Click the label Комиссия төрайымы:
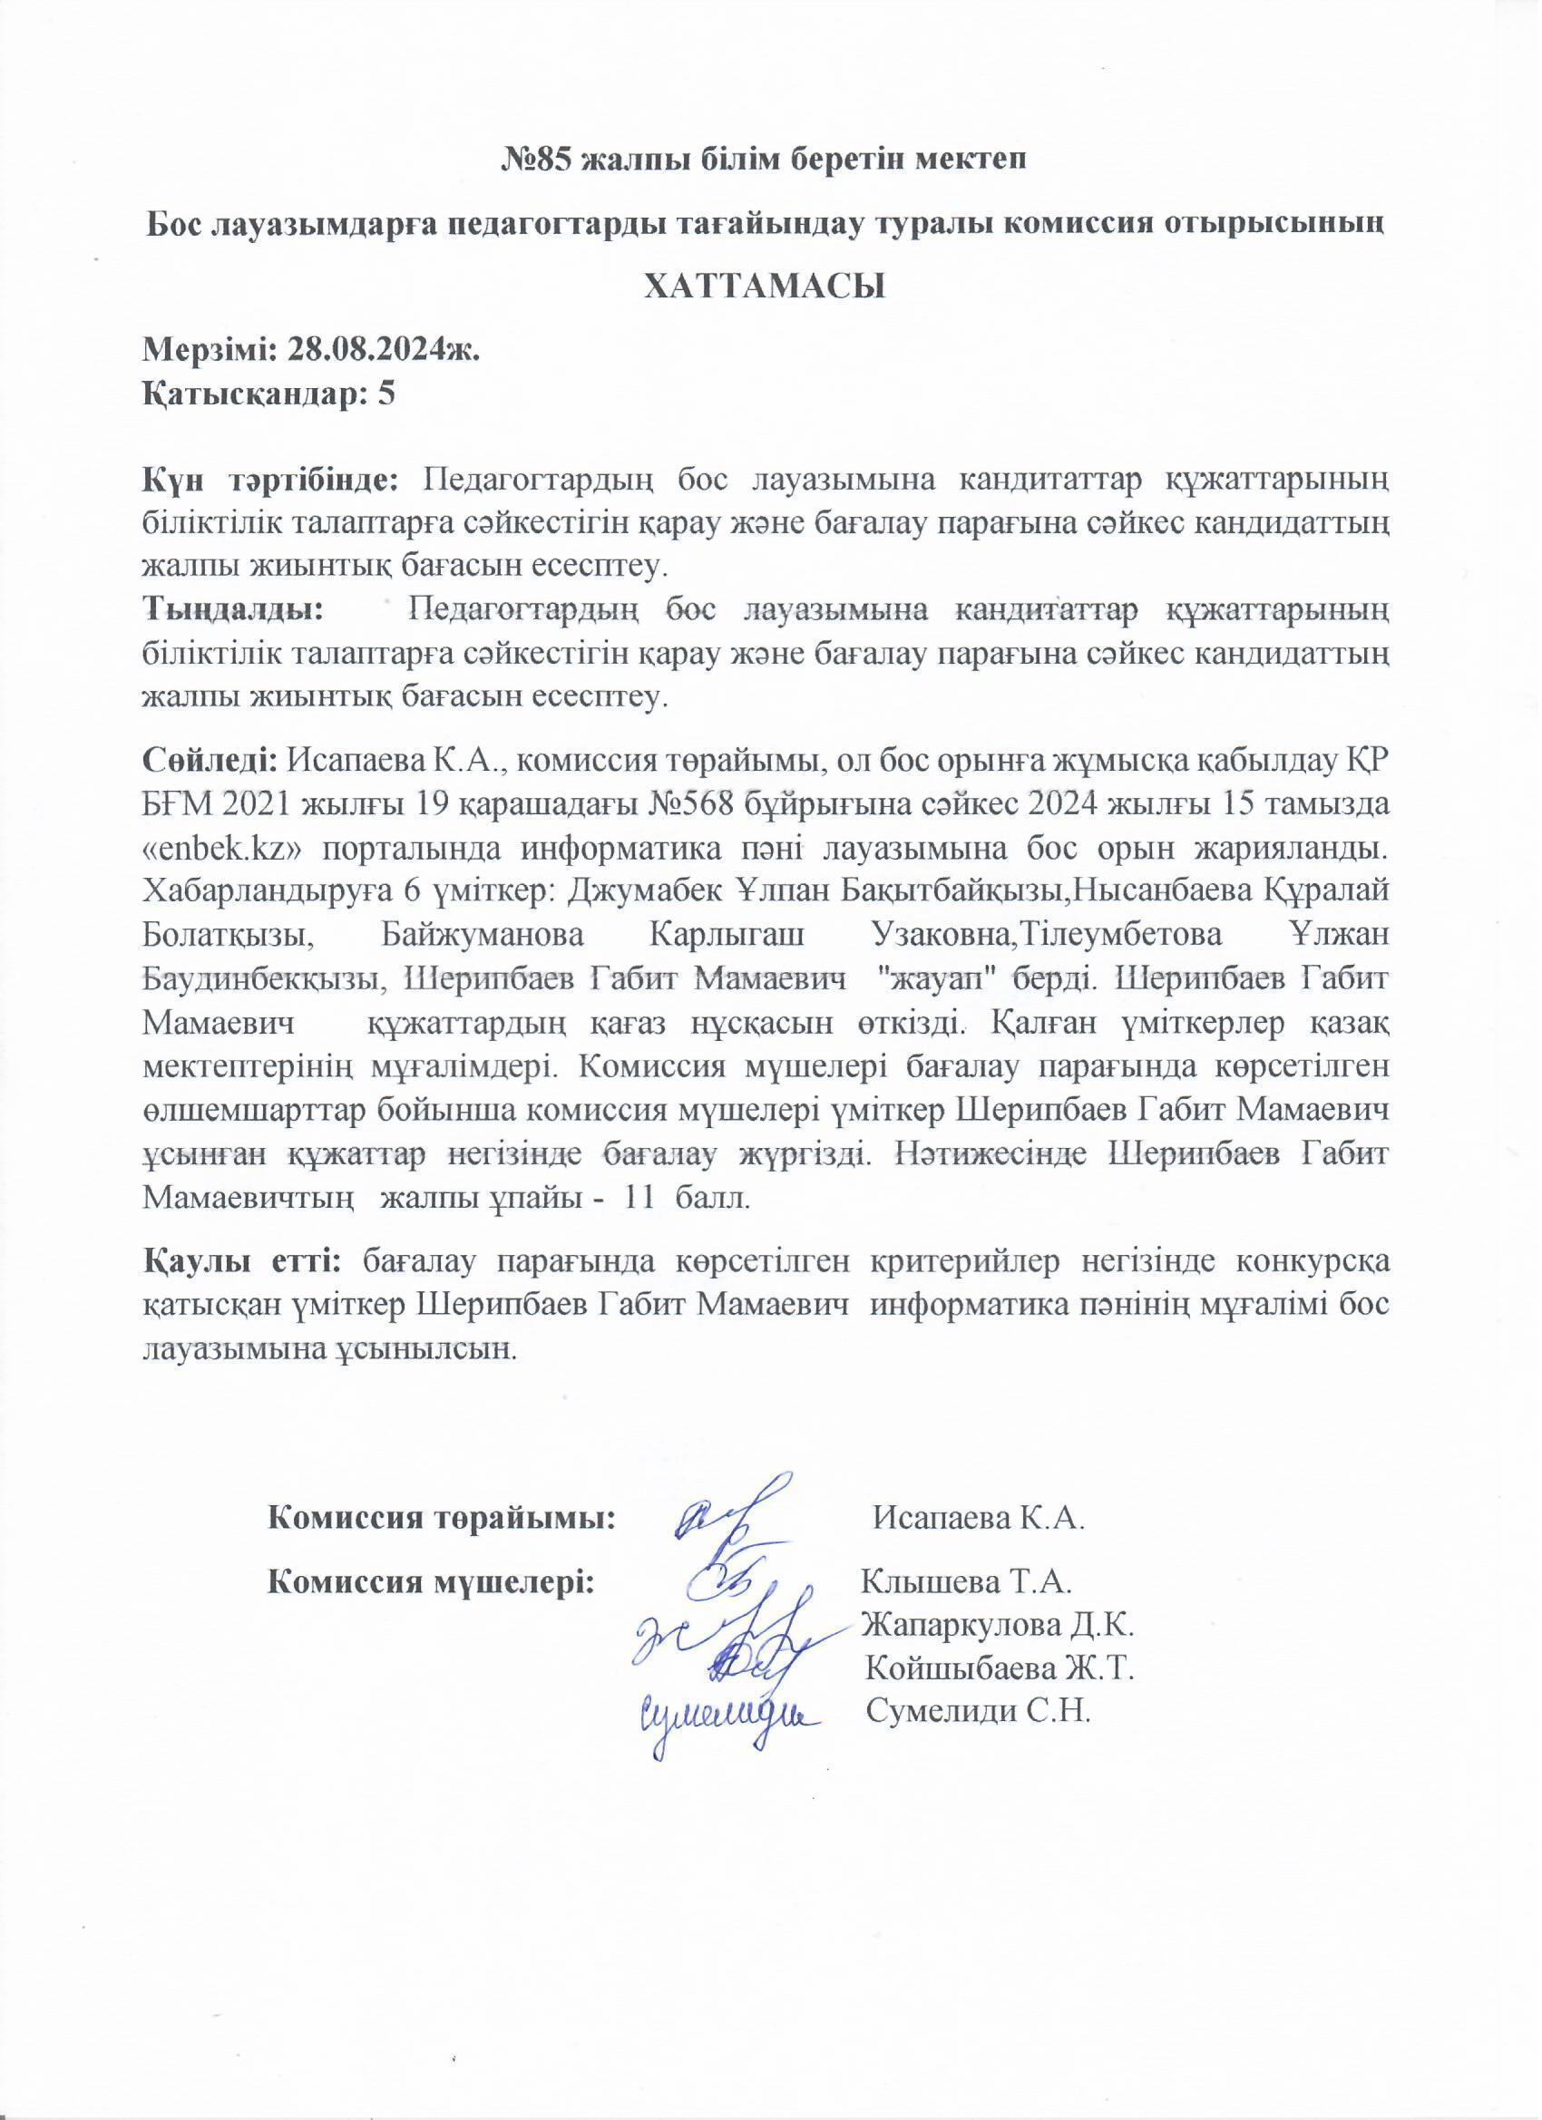442,1515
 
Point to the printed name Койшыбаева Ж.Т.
1000,1668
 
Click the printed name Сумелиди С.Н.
980,1712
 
